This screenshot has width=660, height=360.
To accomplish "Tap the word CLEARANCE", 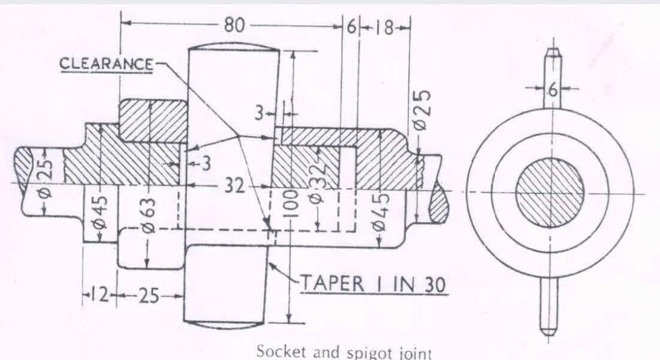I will click(107, 64).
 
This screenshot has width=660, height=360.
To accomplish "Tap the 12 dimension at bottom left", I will click(99, 295).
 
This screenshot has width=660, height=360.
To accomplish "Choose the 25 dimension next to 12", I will click(147, 296).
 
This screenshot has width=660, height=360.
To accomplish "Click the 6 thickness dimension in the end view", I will click(552, 90).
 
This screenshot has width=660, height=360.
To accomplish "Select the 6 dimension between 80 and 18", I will click(351, 27).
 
